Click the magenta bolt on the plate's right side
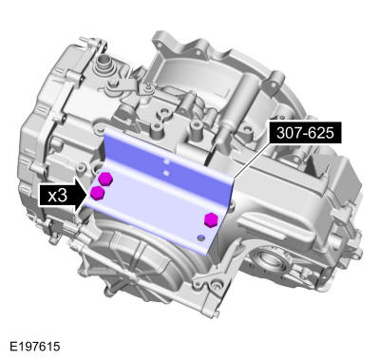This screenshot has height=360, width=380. pyautogui.click(x=211, y=219)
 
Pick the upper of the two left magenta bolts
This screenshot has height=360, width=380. pyautogui.click(x=105, y=179)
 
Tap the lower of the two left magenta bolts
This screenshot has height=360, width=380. pyautogui.click(x=97, y=194)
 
